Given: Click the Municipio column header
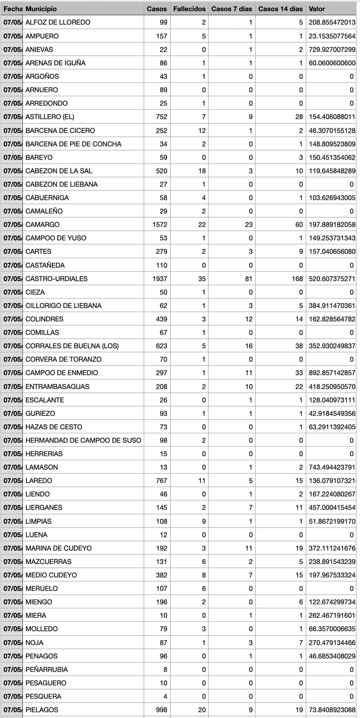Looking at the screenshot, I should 41,9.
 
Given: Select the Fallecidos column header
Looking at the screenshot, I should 189,9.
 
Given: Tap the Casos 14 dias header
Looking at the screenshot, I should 280,9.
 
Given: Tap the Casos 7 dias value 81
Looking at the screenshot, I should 248,278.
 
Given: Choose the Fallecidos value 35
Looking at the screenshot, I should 201,278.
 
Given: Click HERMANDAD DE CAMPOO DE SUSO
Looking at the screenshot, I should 83,440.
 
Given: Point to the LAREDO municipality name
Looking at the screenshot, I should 38,480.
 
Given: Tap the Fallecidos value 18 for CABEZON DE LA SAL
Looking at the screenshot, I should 201,171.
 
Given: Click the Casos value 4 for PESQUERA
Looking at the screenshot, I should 166,696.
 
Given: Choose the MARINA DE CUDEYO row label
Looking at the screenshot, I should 58,547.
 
